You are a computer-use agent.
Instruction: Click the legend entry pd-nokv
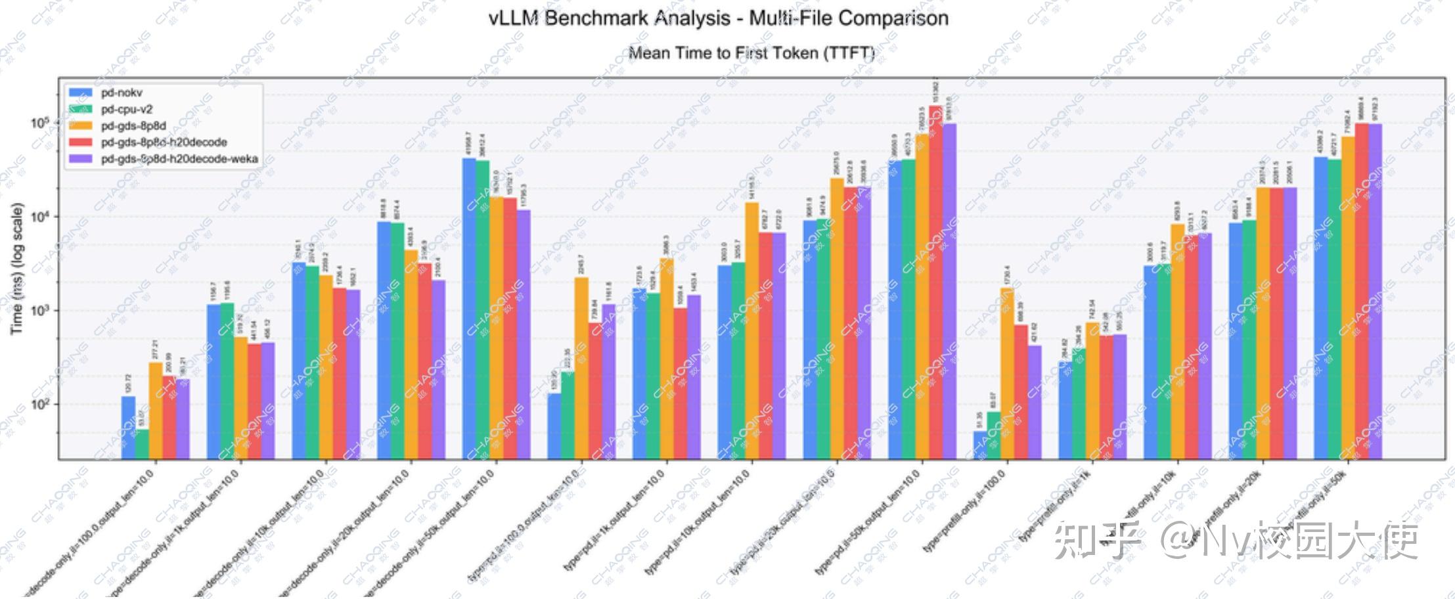pos(122,93)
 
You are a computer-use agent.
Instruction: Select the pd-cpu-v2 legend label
pos(127,109)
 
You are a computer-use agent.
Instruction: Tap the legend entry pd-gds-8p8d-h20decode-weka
pos(179,159)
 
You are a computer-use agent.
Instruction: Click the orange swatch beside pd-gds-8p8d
pos(81,125)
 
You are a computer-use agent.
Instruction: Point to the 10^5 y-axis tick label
pos(40,123)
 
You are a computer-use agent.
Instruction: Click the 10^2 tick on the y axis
pos(40,404)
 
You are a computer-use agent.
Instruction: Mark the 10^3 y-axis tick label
pos(40,310)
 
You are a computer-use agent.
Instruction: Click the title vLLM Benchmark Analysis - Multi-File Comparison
pos(719,18)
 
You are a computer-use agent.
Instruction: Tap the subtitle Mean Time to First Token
pos(751,53)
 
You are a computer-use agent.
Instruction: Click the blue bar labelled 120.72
pos(128,427)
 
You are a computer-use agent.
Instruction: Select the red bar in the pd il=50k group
pos(935,282)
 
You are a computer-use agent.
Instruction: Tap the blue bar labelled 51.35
pos(980,445)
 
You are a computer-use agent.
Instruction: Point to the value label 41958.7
pos(468,143)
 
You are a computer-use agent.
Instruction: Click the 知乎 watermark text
pos(1097,540)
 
